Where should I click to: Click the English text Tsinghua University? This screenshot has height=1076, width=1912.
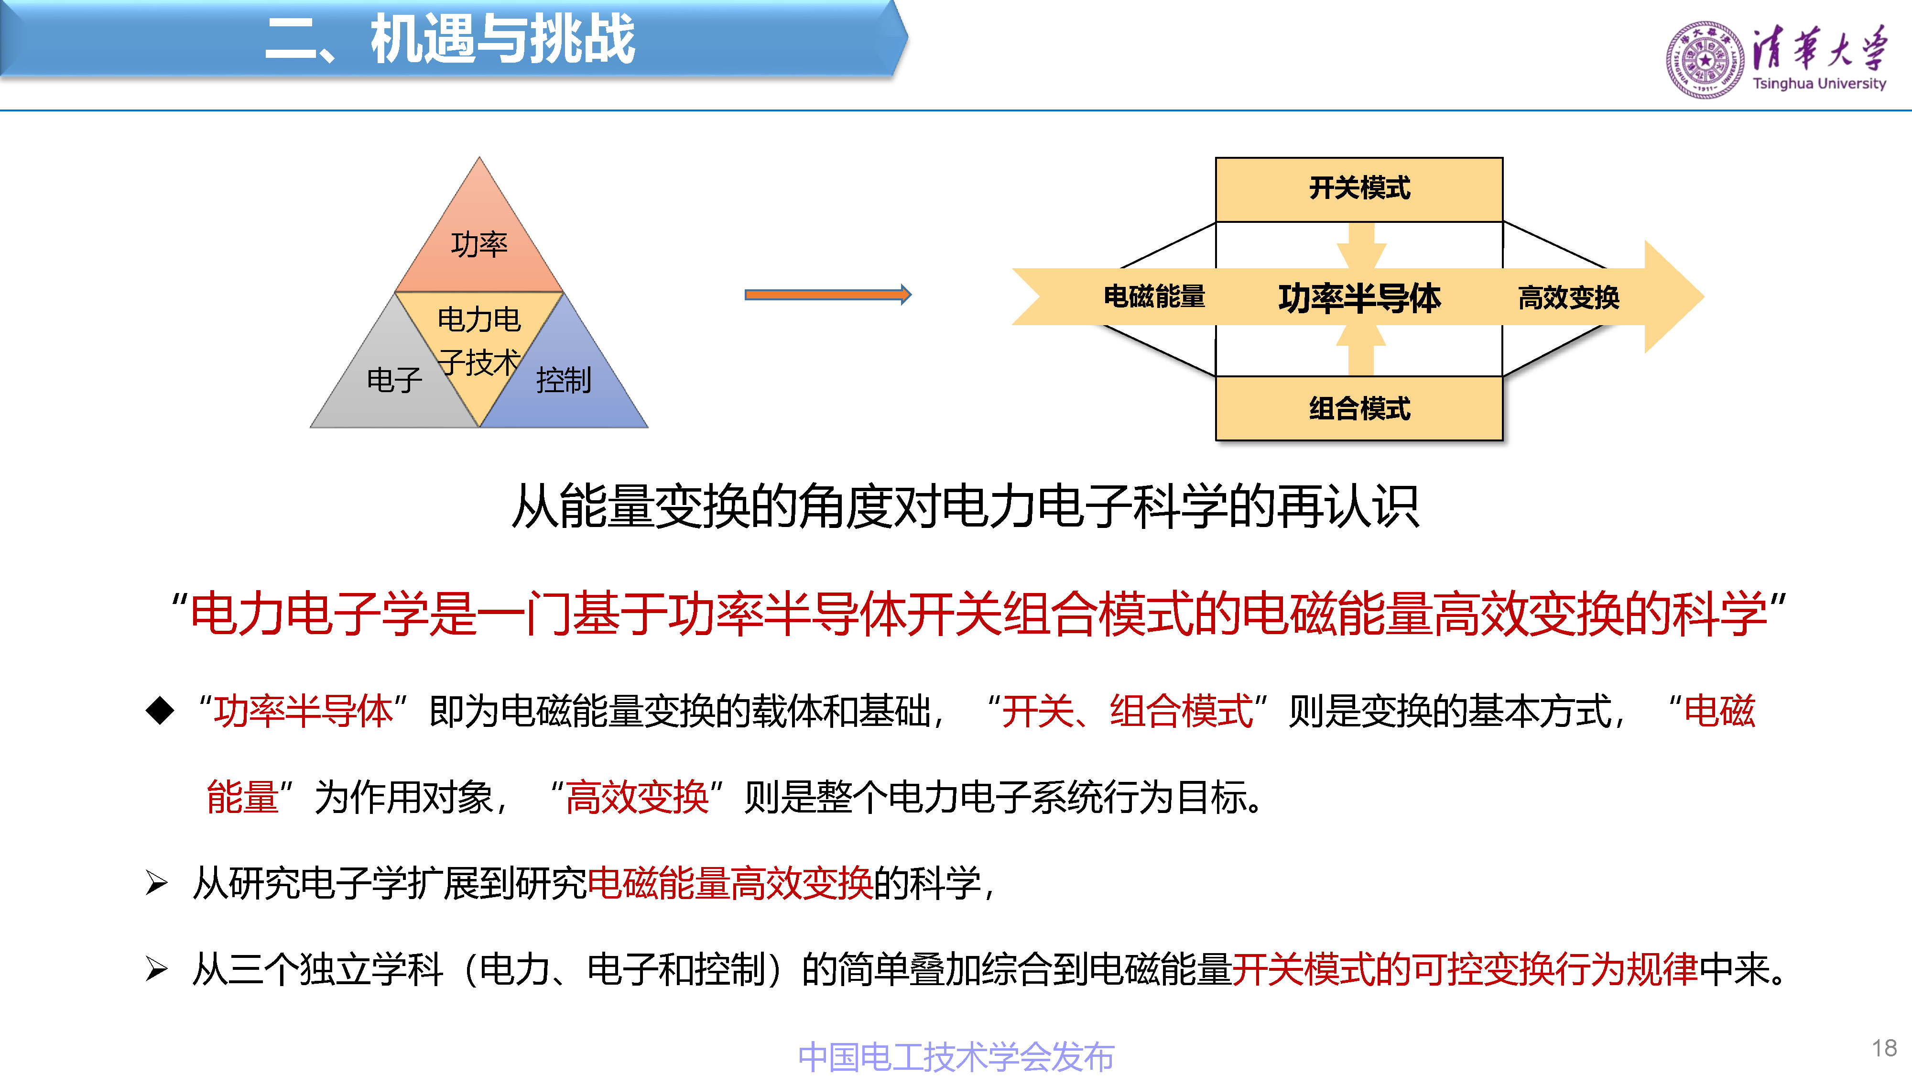click(x=1818, y=84)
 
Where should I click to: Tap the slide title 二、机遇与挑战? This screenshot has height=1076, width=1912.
click(x=450, y=39)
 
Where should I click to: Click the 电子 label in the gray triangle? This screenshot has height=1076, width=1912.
click(x=395, y=380)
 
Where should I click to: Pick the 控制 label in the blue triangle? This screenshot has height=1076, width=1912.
click(x=564, y=380)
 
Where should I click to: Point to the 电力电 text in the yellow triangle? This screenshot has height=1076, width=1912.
click(x=479, y=319)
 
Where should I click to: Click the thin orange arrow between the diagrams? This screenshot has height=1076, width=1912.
click(x=827, y=295)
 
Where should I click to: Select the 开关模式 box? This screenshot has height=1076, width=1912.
click(x=1358, y=188)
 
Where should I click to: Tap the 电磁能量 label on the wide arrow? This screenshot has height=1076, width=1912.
click(x=1154, y=296)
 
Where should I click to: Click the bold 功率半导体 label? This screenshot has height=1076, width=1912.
click(x=1359, y=298)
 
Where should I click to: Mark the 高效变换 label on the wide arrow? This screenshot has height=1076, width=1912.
click(x=1568, y=298)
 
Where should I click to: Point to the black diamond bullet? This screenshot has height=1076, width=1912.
click(x=160, y=711)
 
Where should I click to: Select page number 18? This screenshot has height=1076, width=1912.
click(x=1884, y=1048)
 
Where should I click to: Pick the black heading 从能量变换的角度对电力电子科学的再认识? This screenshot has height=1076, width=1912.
click(x=965, y=506)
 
